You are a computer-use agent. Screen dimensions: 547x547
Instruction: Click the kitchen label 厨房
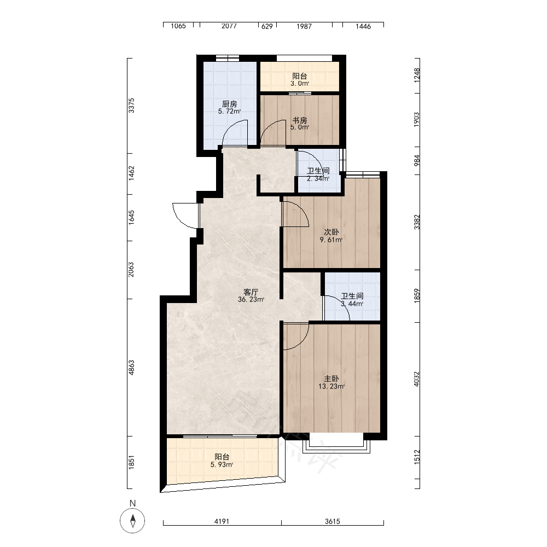coord(230,104)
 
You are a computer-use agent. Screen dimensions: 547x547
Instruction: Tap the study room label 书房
coord(300,120)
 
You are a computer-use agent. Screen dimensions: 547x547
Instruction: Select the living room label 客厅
coord(251,292)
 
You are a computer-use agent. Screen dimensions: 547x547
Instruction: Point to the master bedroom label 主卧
coord(331,379)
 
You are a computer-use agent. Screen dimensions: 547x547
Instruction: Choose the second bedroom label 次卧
coord(331,232)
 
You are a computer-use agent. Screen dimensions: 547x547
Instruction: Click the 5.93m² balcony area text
coord(222,464)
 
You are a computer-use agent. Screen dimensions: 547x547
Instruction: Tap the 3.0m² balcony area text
coord(300,84)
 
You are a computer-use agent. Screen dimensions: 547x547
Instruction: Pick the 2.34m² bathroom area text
coord(318,179)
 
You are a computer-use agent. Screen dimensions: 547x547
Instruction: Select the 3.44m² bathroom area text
coord(352,304)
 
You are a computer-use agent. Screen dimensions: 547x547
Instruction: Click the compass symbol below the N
coord(132,521)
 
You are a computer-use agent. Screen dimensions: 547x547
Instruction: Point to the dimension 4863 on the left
coord(131,368)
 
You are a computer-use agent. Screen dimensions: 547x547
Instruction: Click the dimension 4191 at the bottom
coord(222,521)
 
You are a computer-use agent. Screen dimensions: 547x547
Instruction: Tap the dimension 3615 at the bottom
coord(333,521)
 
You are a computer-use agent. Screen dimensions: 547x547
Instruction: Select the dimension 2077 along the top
coord(229,26)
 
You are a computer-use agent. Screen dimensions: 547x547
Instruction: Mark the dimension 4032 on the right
coord(416,379)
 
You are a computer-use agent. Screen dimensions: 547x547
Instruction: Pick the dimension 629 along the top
coord(267,26)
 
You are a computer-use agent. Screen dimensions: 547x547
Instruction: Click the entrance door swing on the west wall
coord(185,216)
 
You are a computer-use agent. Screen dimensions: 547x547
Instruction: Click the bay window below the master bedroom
coord(336,443)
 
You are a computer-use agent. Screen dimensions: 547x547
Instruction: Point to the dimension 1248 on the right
coord(416,75)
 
